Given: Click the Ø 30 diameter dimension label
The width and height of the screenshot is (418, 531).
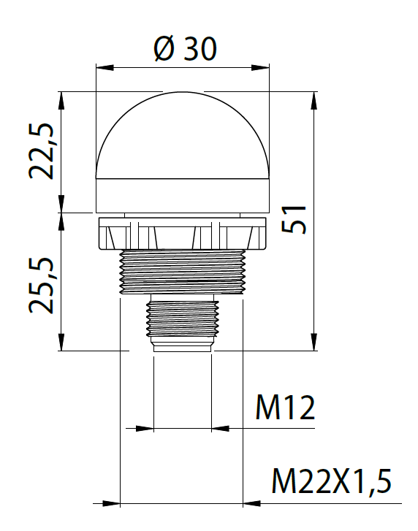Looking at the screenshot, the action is point(186,49).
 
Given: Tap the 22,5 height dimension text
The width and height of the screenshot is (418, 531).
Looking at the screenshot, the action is point(42,151).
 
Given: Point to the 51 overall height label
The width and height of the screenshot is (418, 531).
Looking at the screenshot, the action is point(294,219).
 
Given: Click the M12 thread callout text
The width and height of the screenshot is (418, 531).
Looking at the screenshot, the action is point(285,408).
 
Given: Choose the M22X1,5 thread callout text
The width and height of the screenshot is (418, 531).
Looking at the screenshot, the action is point(332,481).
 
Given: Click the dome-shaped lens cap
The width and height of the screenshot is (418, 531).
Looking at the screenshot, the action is point(183,135).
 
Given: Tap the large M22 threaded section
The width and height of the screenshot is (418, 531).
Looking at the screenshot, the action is point(183,272).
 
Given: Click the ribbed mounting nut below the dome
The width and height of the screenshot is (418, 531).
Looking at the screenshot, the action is point(183,234).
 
